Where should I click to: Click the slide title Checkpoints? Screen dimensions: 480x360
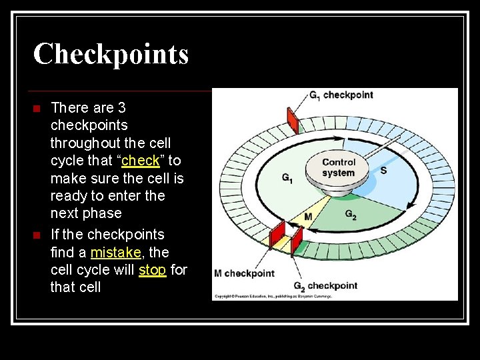click(111, 54)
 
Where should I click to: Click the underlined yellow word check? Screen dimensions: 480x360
click(141, 161)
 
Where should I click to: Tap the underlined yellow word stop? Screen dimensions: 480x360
click(152, 270)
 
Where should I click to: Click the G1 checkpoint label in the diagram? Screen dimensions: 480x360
click(341, 95)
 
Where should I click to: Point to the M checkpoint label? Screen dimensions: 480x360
click(244, 273)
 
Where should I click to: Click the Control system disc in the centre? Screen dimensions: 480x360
click(339, 169)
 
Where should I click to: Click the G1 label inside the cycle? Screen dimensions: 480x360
click(287, 178)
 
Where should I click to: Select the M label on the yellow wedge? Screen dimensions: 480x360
click(308, 217)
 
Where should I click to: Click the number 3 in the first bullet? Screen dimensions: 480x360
click(121, 108)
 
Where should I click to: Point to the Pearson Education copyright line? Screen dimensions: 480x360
click(273, 296)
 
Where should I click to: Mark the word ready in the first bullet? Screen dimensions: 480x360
click(70, 196)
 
